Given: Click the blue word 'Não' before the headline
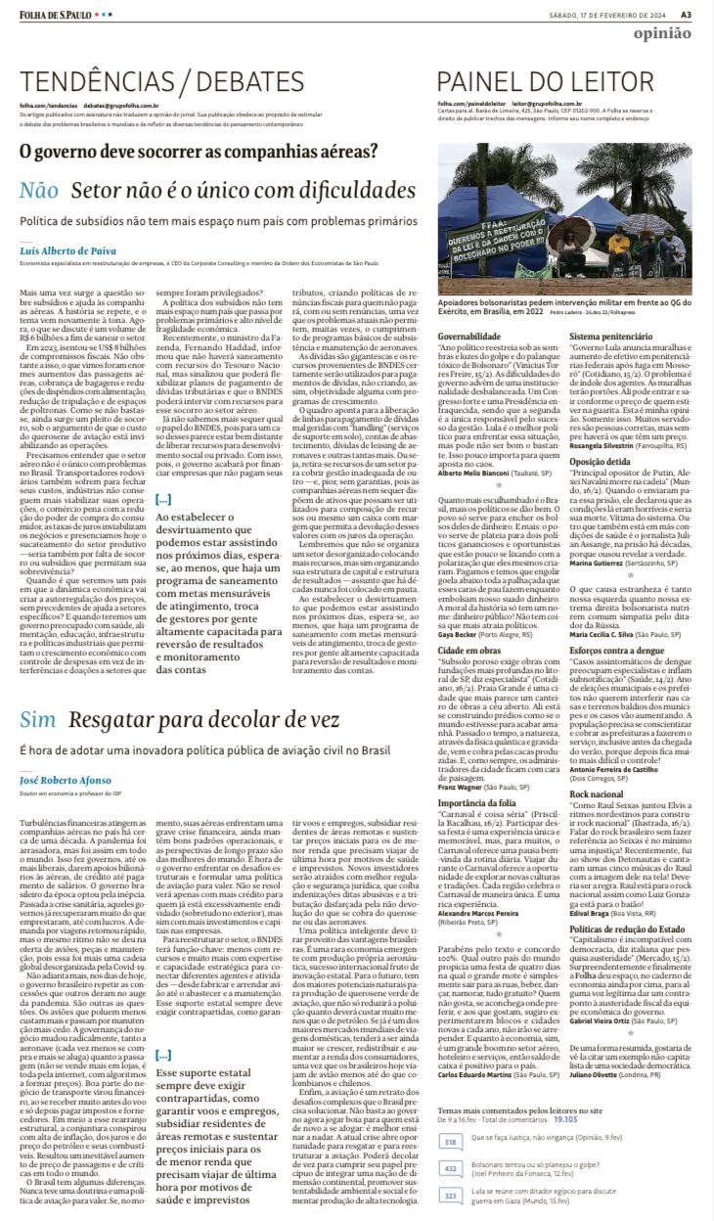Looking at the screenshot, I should tap(39, 191).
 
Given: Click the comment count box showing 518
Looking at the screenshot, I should tap(451, 1142).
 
